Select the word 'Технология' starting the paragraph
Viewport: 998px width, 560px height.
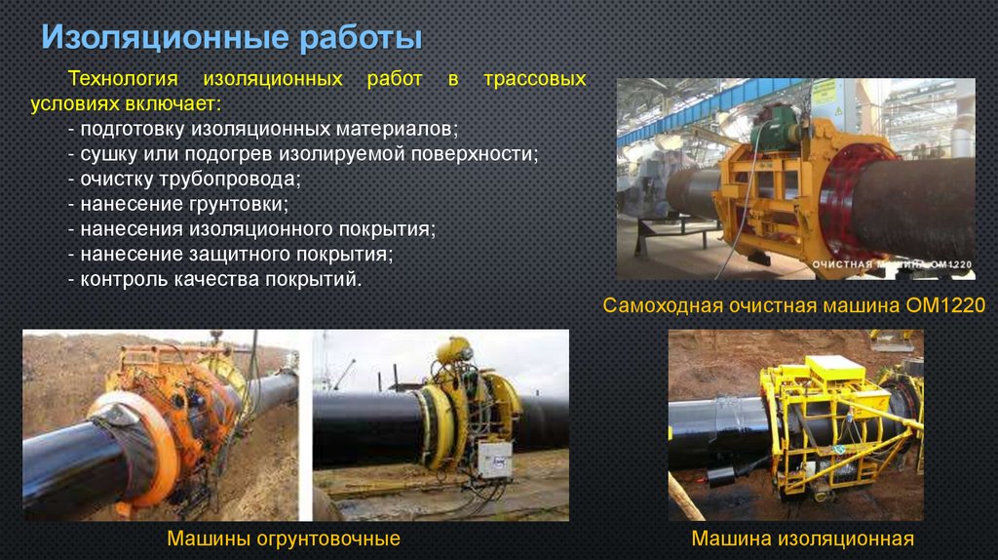(x=121, y=78)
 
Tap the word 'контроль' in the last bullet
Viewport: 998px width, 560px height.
(x=119, y=280)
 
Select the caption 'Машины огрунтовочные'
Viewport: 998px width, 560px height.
(x=284, y=539)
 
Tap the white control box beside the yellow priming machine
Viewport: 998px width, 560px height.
(x=494, y=458)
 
